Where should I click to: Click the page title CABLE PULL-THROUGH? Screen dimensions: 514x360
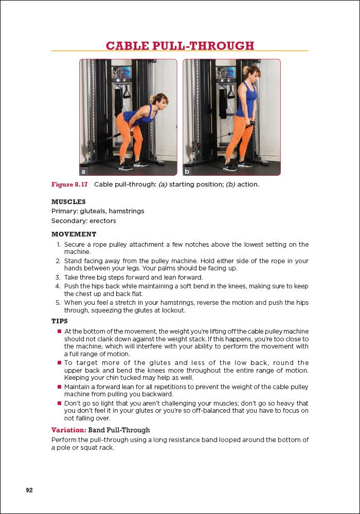click(x=180, y=46)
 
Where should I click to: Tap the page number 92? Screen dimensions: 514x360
click(x=29, y=490)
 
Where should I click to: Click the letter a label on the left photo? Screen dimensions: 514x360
click(x=83, y=171)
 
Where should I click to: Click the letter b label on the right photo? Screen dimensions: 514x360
click(x=187, y=171)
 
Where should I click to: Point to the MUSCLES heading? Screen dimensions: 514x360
click(x=68, y=202)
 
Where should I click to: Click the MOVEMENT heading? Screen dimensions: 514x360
click(x=74, y=234)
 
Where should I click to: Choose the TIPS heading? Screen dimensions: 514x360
click(x=60, y=321)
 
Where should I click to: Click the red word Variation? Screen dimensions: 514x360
click(x=68, y=430)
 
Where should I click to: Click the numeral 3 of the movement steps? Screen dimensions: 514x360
click(x=59, y=278)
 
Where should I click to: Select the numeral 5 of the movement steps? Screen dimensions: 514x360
click(x=59, y=303)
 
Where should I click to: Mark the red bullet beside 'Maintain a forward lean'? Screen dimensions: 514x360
click(x=59, y=387)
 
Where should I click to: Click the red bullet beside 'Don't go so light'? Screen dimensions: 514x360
click(x=59, y=403)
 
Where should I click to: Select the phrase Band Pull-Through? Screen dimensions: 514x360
click(x=119, y=430)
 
